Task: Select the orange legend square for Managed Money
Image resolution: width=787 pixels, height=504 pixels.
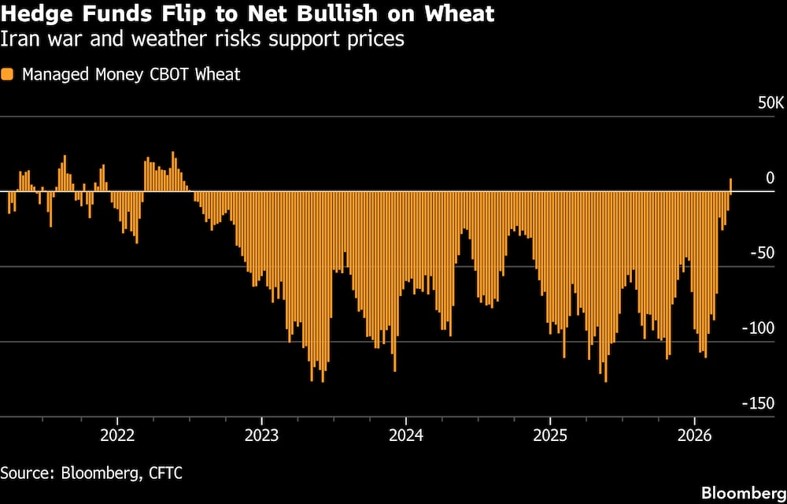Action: point(7,75)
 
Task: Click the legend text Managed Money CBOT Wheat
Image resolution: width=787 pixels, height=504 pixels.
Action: point(131,75)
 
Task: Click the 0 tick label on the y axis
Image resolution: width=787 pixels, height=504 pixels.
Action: point(770,179)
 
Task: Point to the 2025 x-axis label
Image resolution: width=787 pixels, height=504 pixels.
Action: point(550,435)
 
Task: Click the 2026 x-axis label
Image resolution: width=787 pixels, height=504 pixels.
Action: point(694,435)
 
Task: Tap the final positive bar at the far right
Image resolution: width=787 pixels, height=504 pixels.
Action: point(730,185)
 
